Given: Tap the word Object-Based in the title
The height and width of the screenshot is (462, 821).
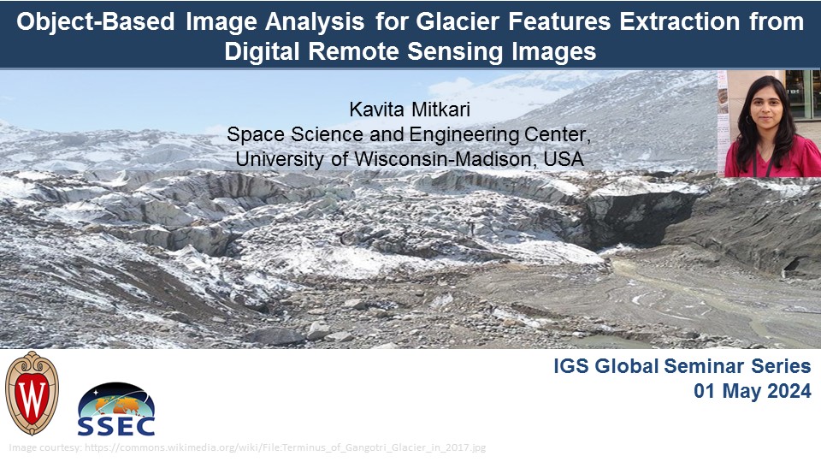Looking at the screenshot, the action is click(95, 22).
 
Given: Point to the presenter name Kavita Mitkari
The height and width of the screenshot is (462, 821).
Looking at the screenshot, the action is click(410, 110).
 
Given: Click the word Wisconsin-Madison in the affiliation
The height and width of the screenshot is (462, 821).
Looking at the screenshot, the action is click(445, 159).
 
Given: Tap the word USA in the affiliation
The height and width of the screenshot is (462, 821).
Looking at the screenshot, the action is click(564, 159).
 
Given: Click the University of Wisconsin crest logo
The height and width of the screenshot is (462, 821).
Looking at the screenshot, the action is click(32, 393).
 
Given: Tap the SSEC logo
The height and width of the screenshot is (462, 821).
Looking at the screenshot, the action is click(116, 410).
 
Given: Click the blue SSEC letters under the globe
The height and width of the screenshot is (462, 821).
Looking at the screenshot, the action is click(116, 426).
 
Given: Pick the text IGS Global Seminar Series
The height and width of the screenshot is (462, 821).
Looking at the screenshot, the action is click(682, 366).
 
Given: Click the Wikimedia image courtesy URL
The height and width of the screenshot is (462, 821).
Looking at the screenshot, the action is click(286, 447).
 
